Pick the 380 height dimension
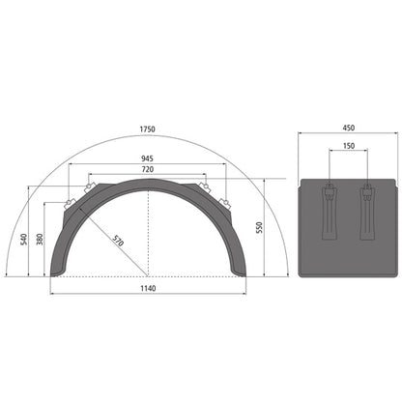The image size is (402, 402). point(40,239)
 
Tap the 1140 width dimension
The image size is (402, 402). point(147,288)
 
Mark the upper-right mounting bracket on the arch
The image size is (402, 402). point(204,187)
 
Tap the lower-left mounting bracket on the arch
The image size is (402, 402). point(70,204)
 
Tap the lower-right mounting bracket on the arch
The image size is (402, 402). point(225,204)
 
